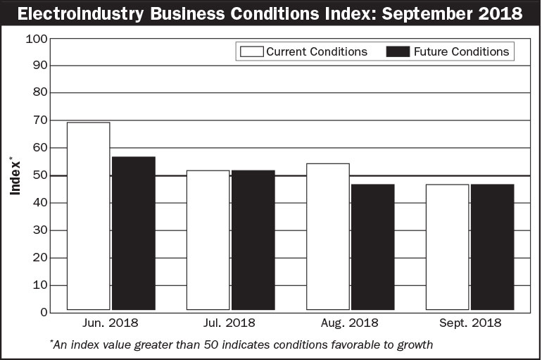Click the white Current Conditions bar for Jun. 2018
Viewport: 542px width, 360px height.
coord(88,216)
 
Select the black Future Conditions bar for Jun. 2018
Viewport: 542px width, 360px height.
coord(134,233)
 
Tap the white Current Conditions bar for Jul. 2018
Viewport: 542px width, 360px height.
coord(208,240)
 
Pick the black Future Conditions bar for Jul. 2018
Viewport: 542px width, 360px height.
coord(253,240)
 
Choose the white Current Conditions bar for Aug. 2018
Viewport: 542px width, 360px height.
coord(328,237)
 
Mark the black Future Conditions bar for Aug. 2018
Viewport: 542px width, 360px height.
coord(373,247)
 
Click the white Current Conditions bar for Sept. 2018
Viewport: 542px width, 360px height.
coord(447,247)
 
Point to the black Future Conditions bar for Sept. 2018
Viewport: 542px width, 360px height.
coord(493,247)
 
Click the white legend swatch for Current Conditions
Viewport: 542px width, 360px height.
coord(251,51)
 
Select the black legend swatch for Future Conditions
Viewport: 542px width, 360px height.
coord(398,51)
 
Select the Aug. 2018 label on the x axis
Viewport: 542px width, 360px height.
coord(350,323)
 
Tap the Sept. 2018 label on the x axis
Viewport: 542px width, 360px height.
coord(469,323)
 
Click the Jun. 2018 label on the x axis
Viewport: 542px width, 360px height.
coord(111,323)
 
